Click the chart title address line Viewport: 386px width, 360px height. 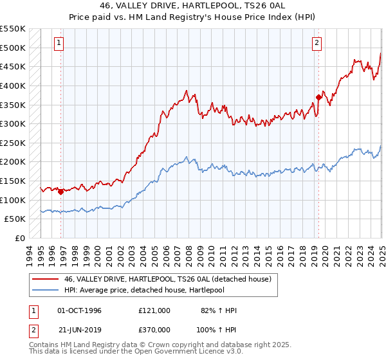coord(193,5)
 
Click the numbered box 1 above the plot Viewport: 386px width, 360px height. coord(59,43)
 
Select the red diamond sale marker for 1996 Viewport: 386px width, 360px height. coord(60,191)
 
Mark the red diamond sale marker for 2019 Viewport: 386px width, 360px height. coord(318,97)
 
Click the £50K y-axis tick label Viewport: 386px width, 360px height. coord(15,219)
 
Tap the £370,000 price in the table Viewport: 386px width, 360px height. coord(154,329)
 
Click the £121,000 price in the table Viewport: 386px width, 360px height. coord(154,310)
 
